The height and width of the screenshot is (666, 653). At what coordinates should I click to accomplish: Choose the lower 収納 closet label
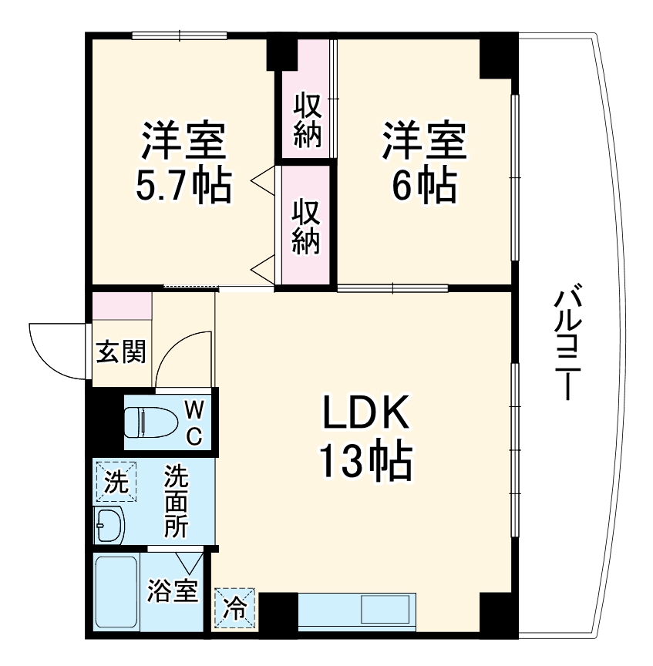click(306, 227)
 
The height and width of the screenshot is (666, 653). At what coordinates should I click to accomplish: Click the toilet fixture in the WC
click(151, 421)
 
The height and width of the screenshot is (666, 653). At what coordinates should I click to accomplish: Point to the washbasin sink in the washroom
click(109, 527)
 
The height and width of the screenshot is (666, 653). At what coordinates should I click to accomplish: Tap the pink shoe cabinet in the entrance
click(122, 307)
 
